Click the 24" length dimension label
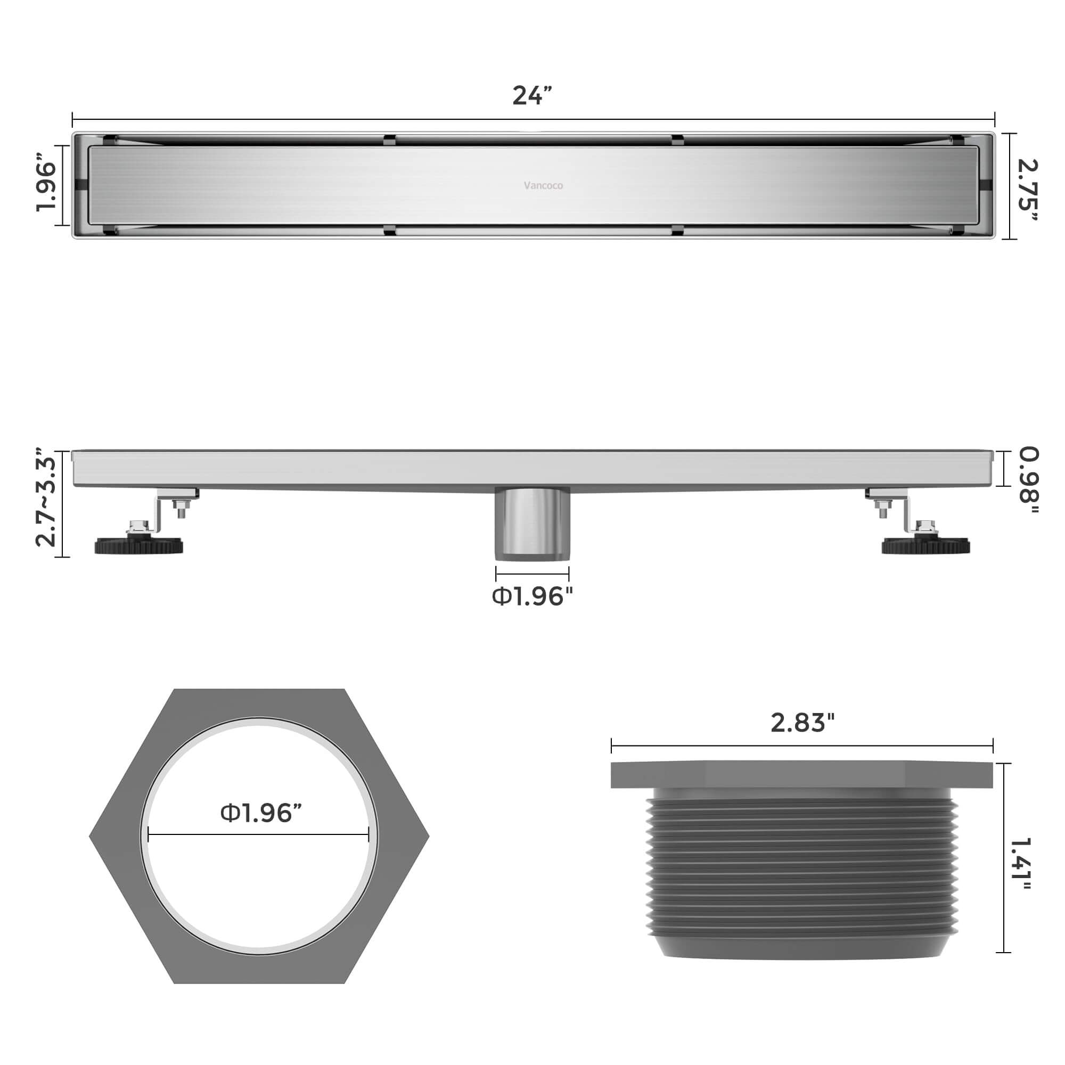pos(531,96)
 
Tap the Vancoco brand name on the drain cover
pos(543,186)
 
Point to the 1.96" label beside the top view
pos(46,186)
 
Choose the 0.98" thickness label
pos(1028,481)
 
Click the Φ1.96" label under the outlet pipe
pos(532,596)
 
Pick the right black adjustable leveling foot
pos(925,546)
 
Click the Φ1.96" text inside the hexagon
pos(261,813)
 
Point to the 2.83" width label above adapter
pos(802,723)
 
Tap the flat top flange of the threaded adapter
pos(801,775)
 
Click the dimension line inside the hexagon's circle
pos(259,835)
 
